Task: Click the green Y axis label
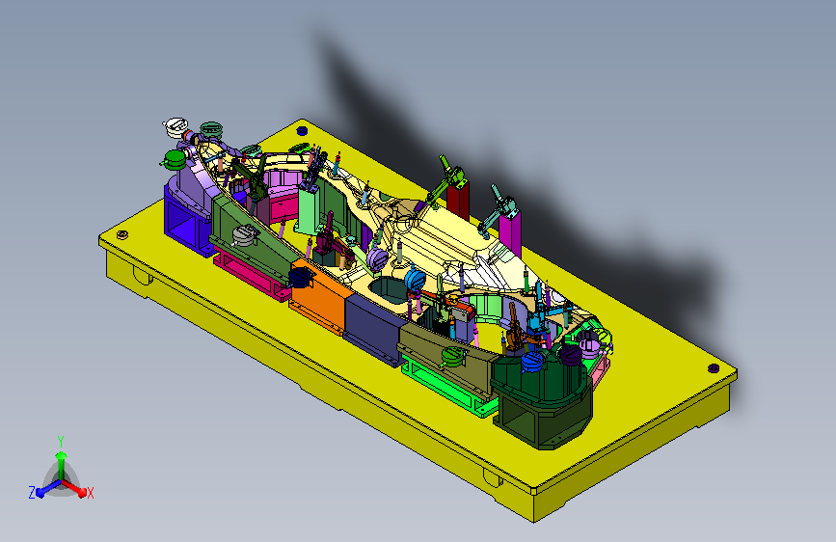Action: pos(61,441)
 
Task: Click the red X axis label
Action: pos(90,493)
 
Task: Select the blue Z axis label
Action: pos(32,493)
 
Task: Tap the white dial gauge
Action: pos(175,127)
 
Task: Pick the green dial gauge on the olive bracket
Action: pos(454,356)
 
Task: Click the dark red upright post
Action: pos(458,200)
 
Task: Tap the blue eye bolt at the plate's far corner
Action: pos(302,129)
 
